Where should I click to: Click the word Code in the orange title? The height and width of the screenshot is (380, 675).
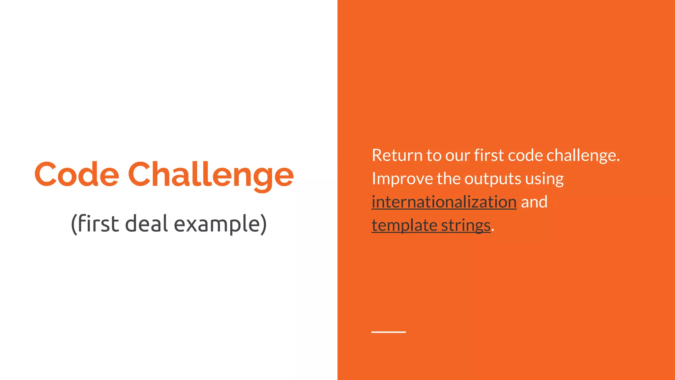[x=76, y=174]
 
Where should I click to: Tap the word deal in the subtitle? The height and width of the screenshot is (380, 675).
[x=147, y=224]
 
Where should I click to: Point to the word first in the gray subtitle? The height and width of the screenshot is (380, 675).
[x=98, y=224]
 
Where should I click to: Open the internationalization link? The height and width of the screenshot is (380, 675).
[x=444, y=202]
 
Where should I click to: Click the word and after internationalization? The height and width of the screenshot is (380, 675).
[x=534, y=202]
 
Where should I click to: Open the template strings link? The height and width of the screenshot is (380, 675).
[x=431, y=225]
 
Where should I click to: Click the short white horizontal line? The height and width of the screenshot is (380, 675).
[x=388, y=332]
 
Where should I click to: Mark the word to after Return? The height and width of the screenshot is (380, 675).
[x=434, y=155]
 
